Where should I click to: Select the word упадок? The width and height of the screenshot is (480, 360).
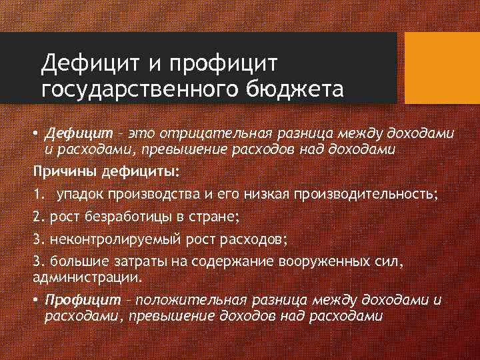click(x=79, y=194)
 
